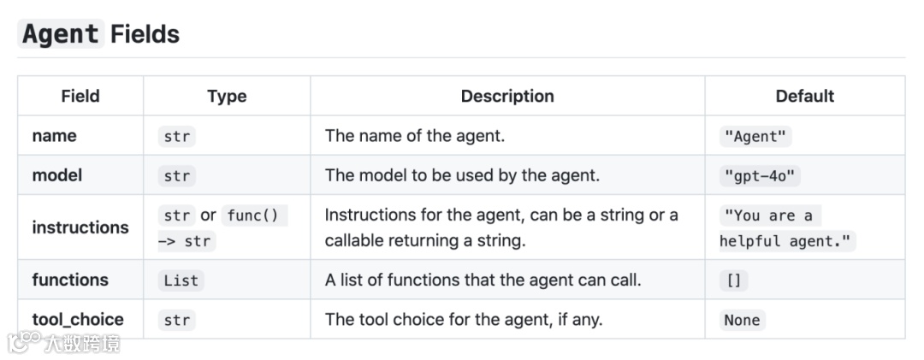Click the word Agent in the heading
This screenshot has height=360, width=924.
point(60,34)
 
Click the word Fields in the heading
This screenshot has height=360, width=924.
point(145,34)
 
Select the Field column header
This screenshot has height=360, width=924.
point(80,96)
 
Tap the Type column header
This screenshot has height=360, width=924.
point(227,96)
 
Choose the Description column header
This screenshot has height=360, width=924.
point(507,96)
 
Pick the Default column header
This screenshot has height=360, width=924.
point(804,96)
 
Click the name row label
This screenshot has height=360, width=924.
point(54,135)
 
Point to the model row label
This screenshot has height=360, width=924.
point(57,175)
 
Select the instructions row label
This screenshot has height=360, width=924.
point(80,227)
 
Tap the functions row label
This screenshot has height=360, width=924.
point(70,280)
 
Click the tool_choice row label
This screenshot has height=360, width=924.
point(78,319)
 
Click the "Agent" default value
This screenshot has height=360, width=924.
point(757,137)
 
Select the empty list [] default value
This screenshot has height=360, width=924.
point(733,280)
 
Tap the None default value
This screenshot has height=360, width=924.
point(742,320)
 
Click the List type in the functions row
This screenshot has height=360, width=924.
point(181,280)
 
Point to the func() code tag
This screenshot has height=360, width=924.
point(254,215)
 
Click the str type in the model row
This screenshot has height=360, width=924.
point(177,176)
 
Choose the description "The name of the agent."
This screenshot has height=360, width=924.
point(414,135)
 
